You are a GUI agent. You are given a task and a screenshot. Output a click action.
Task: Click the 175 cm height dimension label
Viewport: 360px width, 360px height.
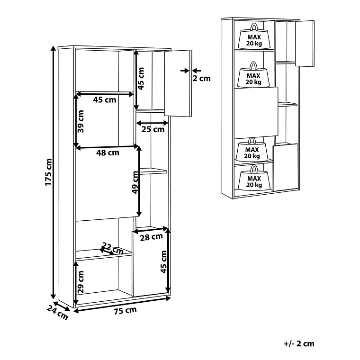coord(48,172)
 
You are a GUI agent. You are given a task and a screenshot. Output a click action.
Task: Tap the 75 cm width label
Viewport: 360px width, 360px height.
coord(125,311)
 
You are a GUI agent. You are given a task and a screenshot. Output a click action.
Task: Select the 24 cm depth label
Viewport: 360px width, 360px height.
coord(58,313)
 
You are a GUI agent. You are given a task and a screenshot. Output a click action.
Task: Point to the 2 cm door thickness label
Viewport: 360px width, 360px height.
coord(201,79)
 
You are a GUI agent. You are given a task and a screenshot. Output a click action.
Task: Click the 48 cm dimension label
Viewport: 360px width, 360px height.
coord(108,153)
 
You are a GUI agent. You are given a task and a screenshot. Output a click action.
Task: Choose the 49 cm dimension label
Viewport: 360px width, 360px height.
coord(135,182)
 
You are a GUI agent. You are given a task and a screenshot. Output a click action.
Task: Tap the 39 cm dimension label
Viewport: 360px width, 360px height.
coord(81,121)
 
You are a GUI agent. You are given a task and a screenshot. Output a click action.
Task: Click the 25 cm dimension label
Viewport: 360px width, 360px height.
coord(153,129)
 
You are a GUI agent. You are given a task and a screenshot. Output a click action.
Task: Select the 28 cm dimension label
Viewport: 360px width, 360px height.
coord(151,237)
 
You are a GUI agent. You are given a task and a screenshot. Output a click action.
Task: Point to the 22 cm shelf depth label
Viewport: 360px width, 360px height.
coord(113,248)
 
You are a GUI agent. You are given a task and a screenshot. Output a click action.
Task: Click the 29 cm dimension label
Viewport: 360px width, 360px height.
coord(81,282)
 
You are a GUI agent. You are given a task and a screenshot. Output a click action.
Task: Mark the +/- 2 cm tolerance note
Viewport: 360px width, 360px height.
coord(299,344)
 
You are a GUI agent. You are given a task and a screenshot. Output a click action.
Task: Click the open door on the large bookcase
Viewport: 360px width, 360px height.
coord(178,83)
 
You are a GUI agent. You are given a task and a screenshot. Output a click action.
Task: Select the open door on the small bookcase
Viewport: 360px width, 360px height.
coord(305,44)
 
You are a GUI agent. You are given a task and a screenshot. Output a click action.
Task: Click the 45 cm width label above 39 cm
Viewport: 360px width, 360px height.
coord(105,100)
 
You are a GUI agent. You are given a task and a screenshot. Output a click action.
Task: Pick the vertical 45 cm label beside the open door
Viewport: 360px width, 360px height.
coord(141,79)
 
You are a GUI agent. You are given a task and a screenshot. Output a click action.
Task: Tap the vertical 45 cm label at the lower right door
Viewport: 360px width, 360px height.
coord(163,262)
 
